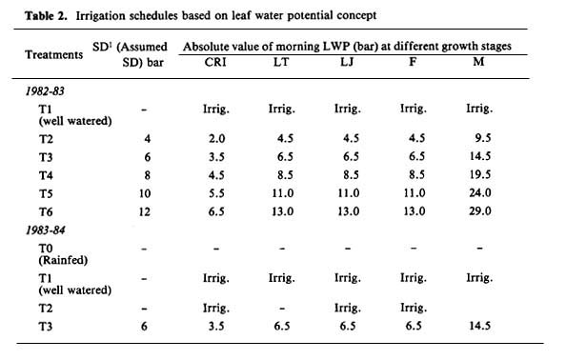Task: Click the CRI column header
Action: (x=215, y=62)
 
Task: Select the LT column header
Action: (x=281, y=62)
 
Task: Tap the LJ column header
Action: (x=347, y=62)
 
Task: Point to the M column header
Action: (x=478, y=62)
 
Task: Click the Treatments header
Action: (x=53, y=55)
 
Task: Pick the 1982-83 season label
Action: (x=45, y=90)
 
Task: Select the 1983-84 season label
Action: (x=45, y=230)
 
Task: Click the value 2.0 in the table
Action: (x=216, y=138)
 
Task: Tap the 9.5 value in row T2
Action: (x=483, y=138)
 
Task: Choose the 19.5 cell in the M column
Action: (x=479, y=174)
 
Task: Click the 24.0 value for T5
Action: (x=479, y=192)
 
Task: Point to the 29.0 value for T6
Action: (x=479, y=211)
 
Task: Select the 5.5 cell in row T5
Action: (x=216, y=193)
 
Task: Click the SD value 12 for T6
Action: (x=145, y=211)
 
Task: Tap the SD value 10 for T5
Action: (x=145, y=193)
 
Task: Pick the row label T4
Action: (x=46, y=175)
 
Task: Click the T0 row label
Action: (x=46, y=249)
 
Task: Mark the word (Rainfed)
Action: (x=63, y=260)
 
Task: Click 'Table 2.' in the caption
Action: (x=46, y=16)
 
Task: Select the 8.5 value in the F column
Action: (x=416, y=174)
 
